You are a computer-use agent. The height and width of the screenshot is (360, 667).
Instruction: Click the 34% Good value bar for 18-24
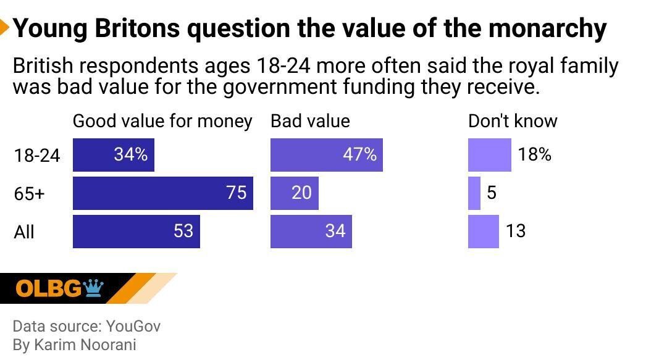pos(113,155)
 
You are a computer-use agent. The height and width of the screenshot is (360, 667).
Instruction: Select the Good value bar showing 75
pos(162,193)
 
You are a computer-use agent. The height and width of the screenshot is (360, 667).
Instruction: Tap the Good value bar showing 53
pos(136,232)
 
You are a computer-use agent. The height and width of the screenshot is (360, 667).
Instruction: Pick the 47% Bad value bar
pos(326,155)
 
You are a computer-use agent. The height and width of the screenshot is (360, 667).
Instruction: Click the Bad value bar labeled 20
pos(294,193)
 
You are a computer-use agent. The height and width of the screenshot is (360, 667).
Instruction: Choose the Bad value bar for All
pos(311,232)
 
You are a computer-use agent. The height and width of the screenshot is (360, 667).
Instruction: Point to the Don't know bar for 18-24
pos(489,155)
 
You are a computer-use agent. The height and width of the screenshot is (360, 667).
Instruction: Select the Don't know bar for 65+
pos(474,193)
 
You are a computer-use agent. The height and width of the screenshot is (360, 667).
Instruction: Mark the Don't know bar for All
pos(483,232)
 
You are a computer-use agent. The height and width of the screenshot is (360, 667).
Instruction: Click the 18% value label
pos(534,154)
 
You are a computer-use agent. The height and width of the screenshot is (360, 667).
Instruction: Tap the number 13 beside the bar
pos(515,231)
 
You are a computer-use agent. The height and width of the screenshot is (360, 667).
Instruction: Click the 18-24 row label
pos(37,156)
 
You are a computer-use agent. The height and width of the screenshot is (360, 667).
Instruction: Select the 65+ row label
pos(30,194)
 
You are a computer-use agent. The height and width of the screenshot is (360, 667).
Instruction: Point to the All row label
pos(24,232)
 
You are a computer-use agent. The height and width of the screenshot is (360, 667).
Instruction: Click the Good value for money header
pos(162,121)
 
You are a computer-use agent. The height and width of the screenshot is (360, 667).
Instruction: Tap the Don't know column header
pos(513,121)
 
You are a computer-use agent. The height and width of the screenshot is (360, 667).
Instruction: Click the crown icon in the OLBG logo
pos(93,287)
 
